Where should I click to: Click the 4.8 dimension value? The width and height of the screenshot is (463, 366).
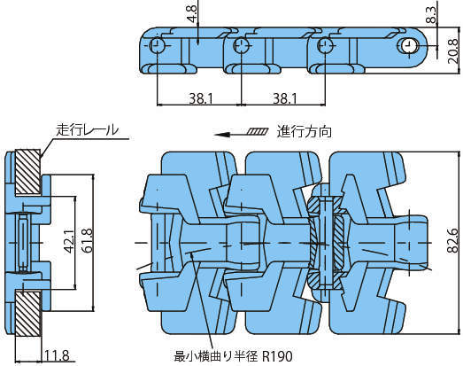pyautogui.click(x=191, y=14)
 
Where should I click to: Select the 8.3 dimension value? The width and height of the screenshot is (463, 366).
pyautogui.click(x=431, y=15)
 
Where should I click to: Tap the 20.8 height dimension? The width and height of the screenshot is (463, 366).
pyautogui.click(x=452, y=51)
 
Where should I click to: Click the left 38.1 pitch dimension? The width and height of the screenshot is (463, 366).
pyautogui.click(x=201, y=98)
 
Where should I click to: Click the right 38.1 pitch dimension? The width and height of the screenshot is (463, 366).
pyautogui.click(x=285, y=98)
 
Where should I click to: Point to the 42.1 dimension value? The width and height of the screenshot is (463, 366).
pyautogui.click(x=70, y=241)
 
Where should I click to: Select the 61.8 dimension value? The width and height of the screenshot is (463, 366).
pyautogui.click(x=88, y=240)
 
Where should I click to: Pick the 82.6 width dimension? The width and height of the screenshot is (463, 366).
pyautogui.click(x=452, y=241)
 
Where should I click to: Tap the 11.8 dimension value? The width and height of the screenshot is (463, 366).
pyautogui.click(x=57, y=355)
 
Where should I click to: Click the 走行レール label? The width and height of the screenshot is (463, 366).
pyautogui.click(x=88, y=129)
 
